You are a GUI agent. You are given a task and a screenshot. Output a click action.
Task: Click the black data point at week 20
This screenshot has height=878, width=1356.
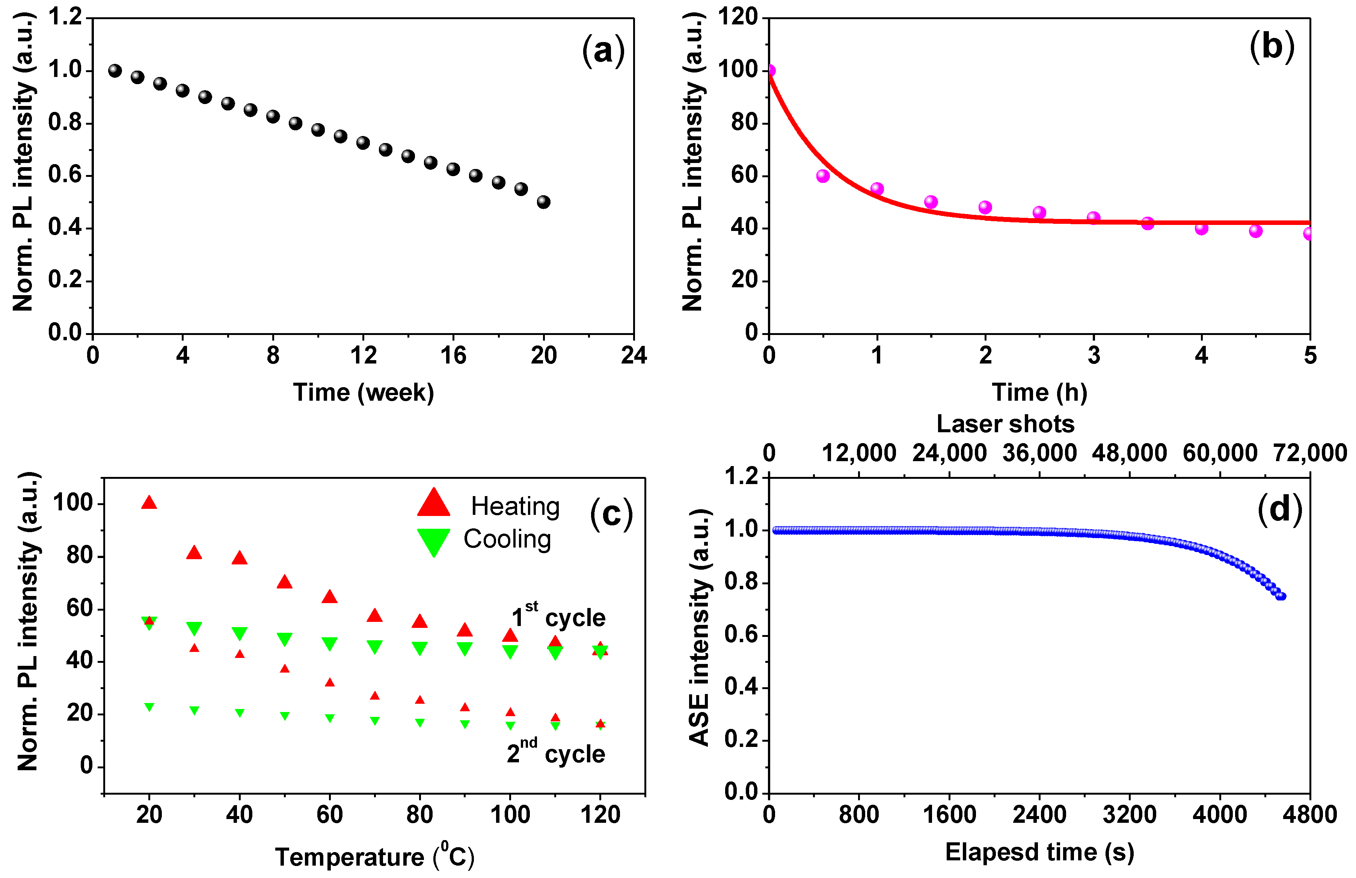pyautogui.click(x=543, y=202)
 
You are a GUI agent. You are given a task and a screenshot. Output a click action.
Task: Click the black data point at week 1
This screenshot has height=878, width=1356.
pyautogui.click(x=115, y=71)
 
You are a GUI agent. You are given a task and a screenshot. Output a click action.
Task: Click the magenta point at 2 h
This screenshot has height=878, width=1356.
pyautogui.click(x=985, y=207)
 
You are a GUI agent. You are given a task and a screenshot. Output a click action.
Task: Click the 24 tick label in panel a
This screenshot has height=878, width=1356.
pyautogui.click(x=634, y=356)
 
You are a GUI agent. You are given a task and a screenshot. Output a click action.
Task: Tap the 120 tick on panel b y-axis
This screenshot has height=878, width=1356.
pyautogui.click(x=738, y=17)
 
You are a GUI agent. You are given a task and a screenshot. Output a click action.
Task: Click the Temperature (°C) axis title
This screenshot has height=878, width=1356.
pyautogui.click(x=374, y=856)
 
